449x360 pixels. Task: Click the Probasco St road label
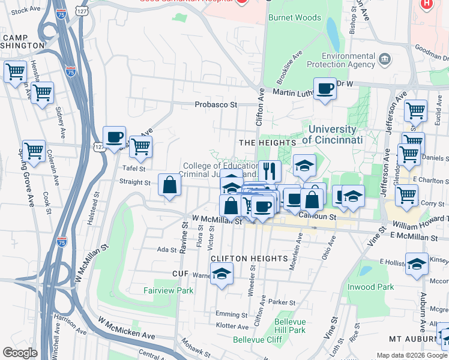(x=216, y=104)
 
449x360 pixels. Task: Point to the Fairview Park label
(x=169, y=290)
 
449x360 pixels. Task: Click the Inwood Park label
(x=371, y=287)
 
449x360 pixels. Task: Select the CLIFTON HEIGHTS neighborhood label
(x=249, y=258)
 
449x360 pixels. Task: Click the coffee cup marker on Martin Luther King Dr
(x=325, y=89)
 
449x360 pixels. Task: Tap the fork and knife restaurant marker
(x=270, y=170)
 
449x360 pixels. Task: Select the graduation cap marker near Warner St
(x=222, y=274)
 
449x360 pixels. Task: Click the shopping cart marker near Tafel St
(x=140, y=146)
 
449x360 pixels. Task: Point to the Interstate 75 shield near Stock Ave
(x=61, y=13)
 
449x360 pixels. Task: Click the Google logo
(x=20, y=353)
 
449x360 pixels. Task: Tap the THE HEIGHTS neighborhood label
(x=268, y=143)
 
